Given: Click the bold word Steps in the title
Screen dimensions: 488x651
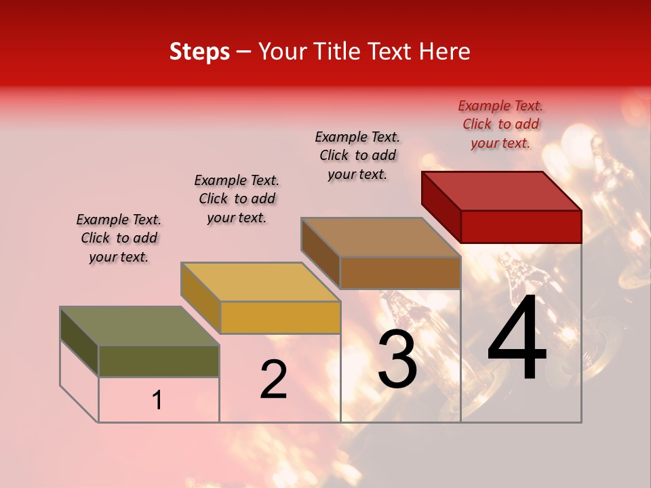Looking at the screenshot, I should (x=199, y=52).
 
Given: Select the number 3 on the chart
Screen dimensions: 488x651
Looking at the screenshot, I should (x=397, y=359).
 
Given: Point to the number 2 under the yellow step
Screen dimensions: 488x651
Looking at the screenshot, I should (x=273, y=380).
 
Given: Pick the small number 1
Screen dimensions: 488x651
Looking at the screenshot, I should (x=157, y=401).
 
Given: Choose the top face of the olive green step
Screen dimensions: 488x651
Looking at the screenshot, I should (x=140, y=326).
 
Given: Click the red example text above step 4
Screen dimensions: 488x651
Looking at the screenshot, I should (x=500, y=124).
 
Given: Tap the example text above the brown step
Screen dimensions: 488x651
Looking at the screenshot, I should (x=357, y=155).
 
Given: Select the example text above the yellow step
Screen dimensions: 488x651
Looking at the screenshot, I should (x=237, y=199).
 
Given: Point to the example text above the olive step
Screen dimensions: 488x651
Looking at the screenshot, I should (x=118, y=238).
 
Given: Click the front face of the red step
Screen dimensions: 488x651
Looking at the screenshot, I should (x=521, y=226).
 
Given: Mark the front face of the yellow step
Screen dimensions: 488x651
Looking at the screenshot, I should (x=280, y=317).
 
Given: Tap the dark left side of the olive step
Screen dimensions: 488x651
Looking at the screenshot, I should (x=79, y=340).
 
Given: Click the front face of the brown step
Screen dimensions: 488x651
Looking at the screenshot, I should (x=400, y=272).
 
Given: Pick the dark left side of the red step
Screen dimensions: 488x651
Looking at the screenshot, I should (x=441, y=205).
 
